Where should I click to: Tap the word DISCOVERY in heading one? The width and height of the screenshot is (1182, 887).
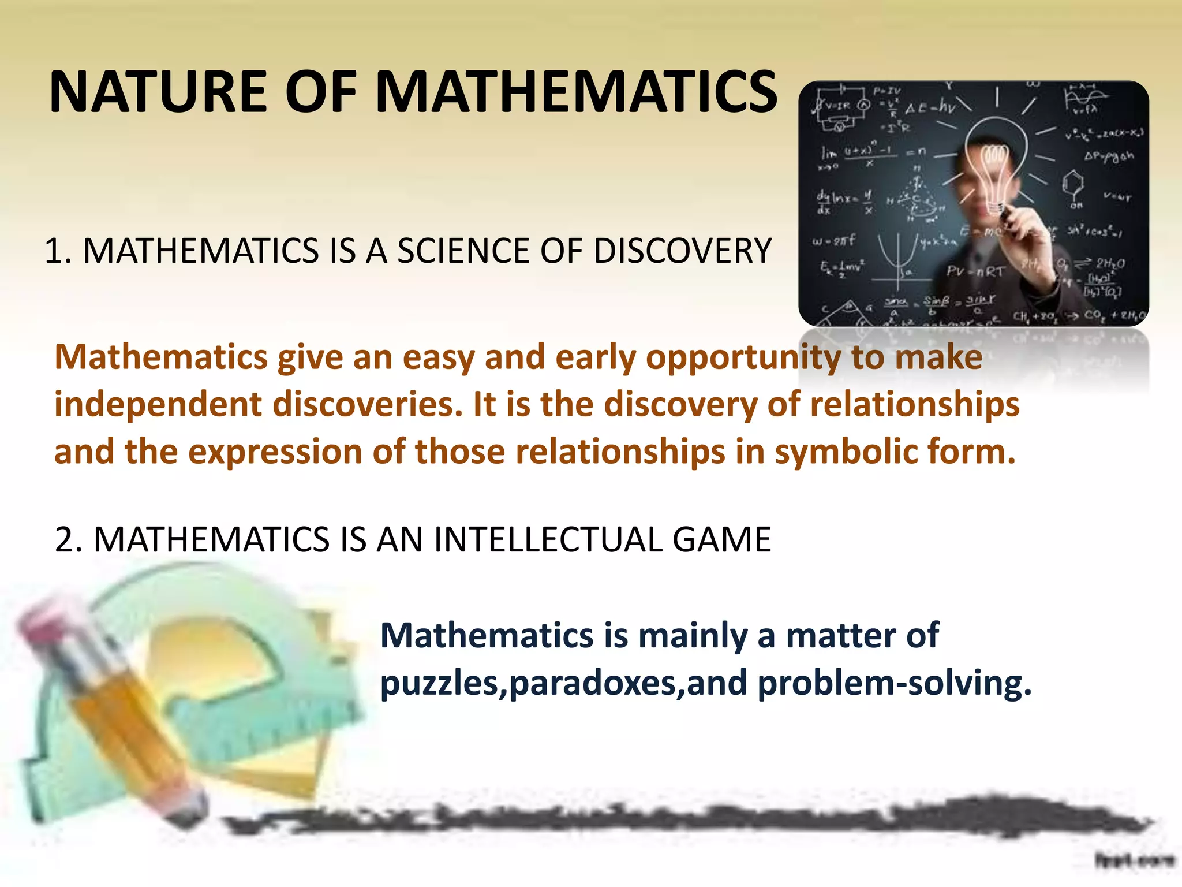pyautogui.click(x=682, y=251)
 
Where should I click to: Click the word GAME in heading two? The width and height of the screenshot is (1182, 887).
pyautogui.click(x=721, y=540)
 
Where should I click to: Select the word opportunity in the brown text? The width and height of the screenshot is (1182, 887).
pyautogui.click(x=743, y=358)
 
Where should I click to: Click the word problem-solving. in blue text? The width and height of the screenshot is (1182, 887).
pyautogui.click(x=894, y=684)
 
